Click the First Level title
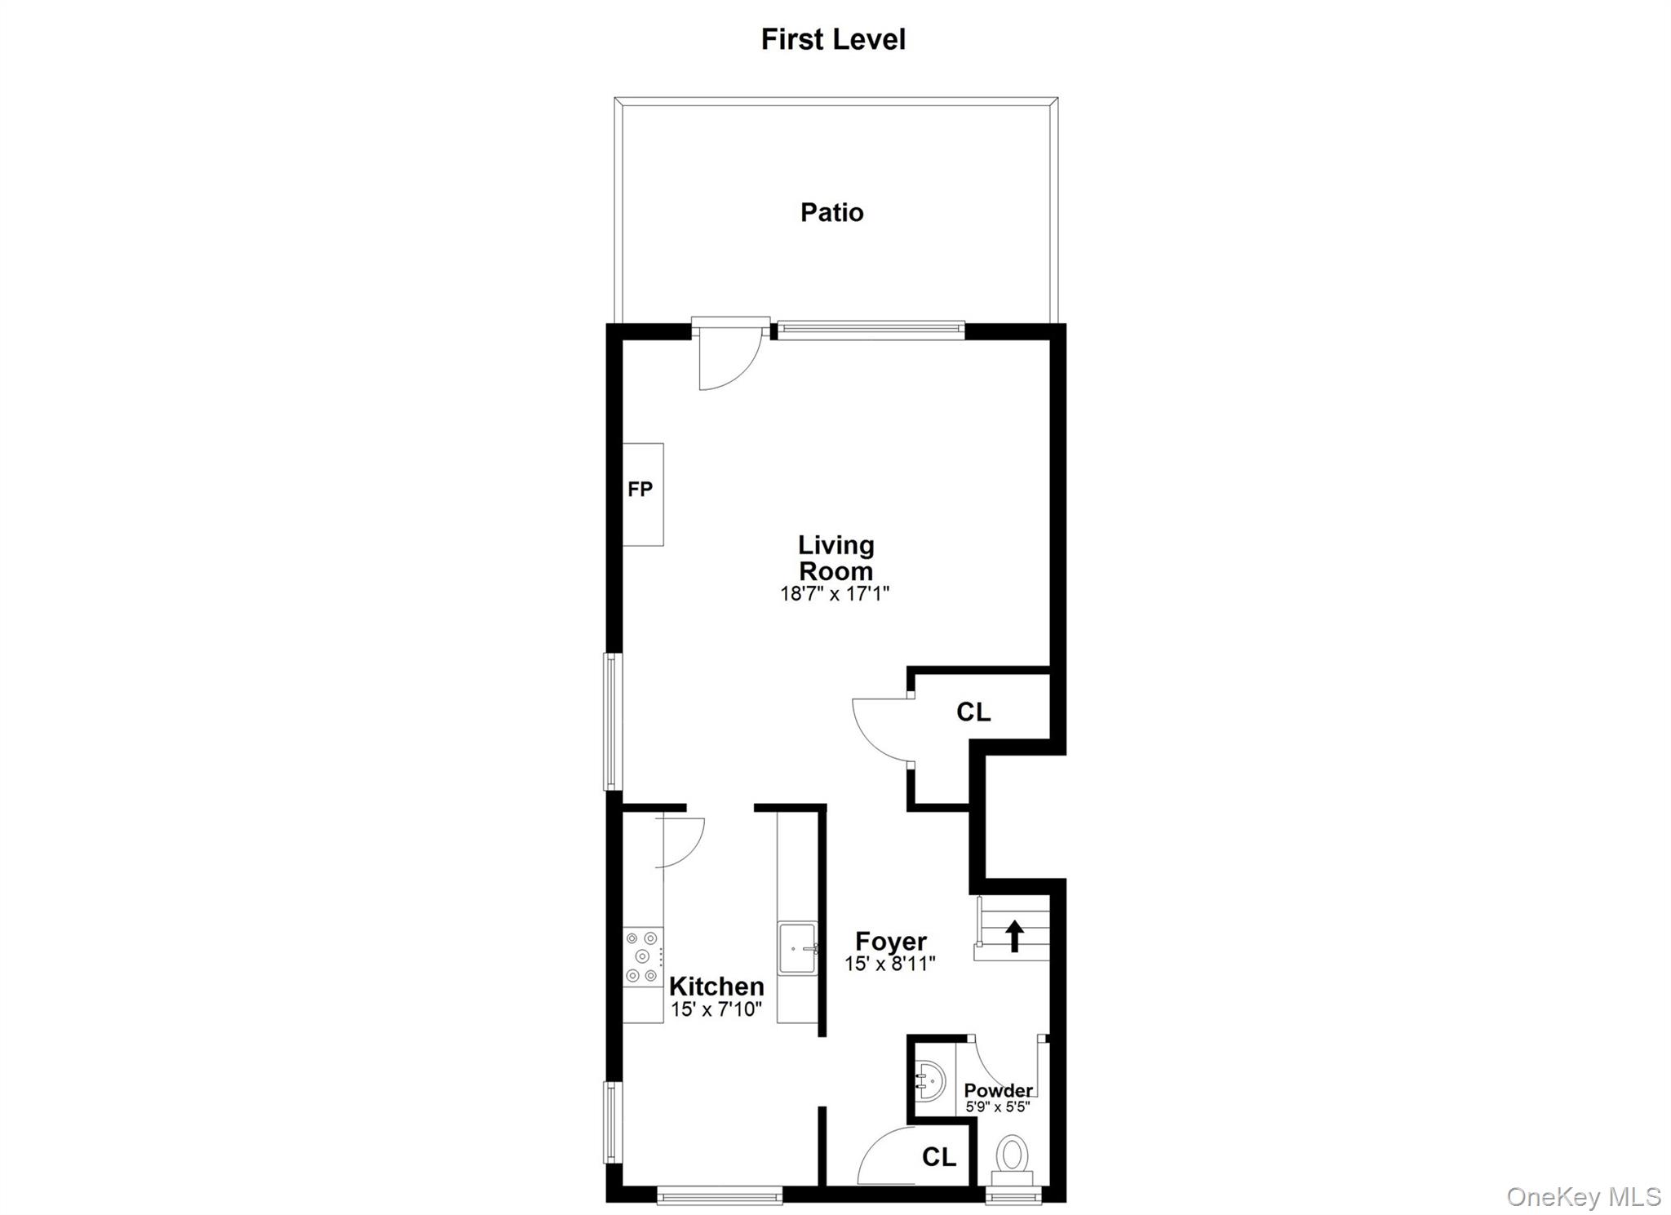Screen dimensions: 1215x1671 point(832,39)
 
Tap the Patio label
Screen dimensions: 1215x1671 point(831,212)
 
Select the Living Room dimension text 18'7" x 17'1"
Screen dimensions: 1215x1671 point(834,593)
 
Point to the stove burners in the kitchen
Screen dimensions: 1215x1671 point(642,956)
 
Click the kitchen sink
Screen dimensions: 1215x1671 point(797,948)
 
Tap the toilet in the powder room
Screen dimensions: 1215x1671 point(1012,1156)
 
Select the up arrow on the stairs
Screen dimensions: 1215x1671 point(1014,935)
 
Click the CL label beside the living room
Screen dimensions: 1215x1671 point(973,712)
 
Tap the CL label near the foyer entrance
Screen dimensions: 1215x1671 point(938,1156)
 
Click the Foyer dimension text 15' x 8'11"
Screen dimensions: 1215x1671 point(889,964)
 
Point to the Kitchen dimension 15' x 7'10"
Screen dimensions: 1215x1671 point(716,1009)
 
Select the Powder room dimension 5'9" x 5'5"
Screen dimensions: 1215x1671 point(997,1107)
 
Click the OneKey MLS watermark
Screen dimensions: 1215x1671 point(1583,1197)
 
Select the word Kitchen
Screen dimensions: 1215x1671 point(716,986)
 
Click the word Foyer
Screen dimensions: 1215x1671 point(890,942)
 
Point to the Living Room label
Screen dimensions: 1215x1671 point(835,557)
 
